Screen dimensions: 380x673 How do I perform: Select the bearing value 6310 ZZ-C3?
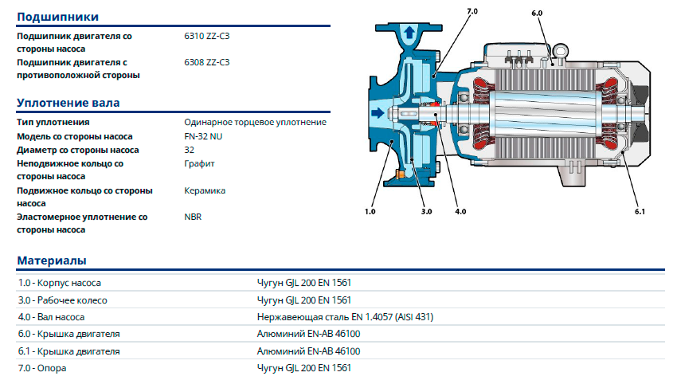click(207, 36)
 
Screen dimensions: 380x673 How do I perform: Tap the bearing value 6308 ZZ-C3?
click(207, 61)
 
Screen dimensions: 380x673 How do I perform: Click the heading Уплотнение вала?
click(68, 103)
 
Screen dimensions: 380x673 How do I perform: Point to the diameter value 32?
click(189, 150)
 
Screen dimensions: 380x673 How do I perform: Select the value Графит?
click(199, 163)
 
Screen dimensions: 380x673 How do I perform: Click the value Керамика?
click(205, 190)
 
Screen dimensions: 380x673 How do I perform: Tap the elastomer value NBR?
click(193, 216)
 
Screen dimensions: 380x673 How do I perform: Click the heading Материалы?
click(52, 261)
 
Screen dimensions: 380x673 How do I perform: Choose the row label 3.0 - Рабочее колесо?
click(62, 300)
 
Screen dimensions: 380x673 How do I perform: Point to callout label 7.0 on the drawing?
click(472, 12)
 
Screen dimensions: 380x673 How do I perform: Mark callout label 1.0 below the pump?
click(370, 211)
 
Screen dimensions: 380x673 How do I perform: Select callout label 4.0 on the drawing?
click(460, 211)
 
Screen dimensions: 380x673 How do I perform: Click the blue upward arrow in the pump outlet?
click(409, 33)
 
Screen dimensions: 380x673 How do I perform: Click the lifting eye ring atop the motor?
click(561, 53)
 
